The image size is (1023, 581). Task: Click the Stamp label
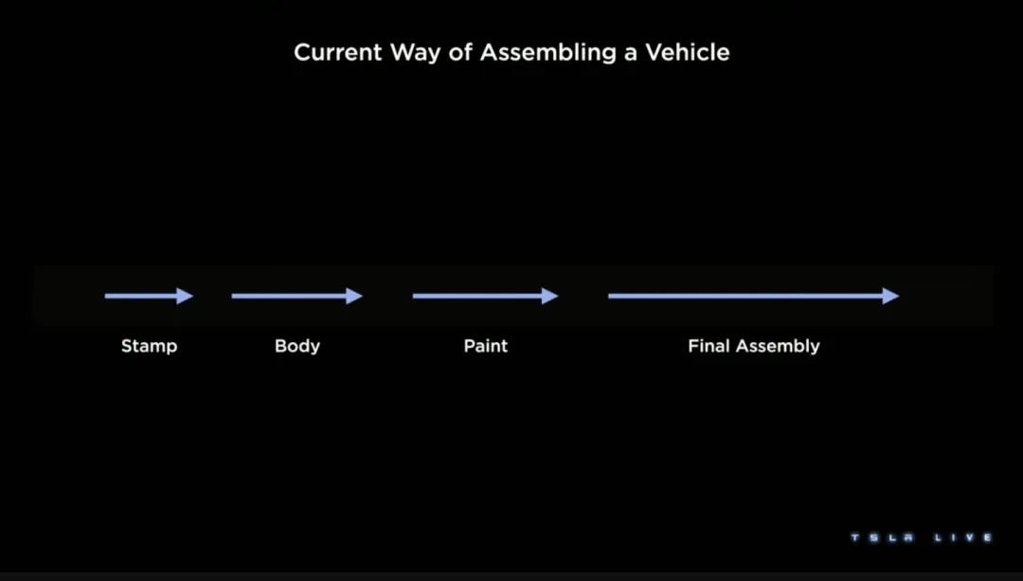(149, 346)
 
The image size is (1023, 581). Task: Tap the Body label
(297, 346)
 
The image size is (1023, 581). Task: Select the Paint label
(486, 346)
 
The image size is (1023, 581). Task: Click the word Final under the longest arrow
(709, 346)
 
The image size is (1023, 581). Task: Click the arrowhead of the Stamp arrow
(186, 296)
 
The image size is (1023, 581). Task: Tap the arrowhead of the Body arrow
(355, 296)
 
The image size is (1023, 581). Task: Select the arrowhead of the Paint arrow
(550, 296)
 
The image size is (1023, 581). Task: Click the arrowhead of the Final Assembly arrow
(890, 296)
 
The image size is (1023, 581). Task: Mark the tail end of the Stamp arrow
(106, 296)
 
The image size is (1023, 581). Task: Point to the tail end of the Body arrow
(233, 296)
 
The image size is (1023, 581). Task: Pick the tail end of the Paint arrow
(414, 296)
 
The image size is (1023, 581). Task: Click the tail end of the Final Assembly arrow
(610, 296)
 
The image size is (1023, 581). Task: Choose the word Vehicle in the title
(688, 52)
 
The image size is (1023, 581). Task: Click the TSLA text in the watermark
(879, 537)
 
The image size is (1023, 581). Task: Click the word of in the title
(453, 52)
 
